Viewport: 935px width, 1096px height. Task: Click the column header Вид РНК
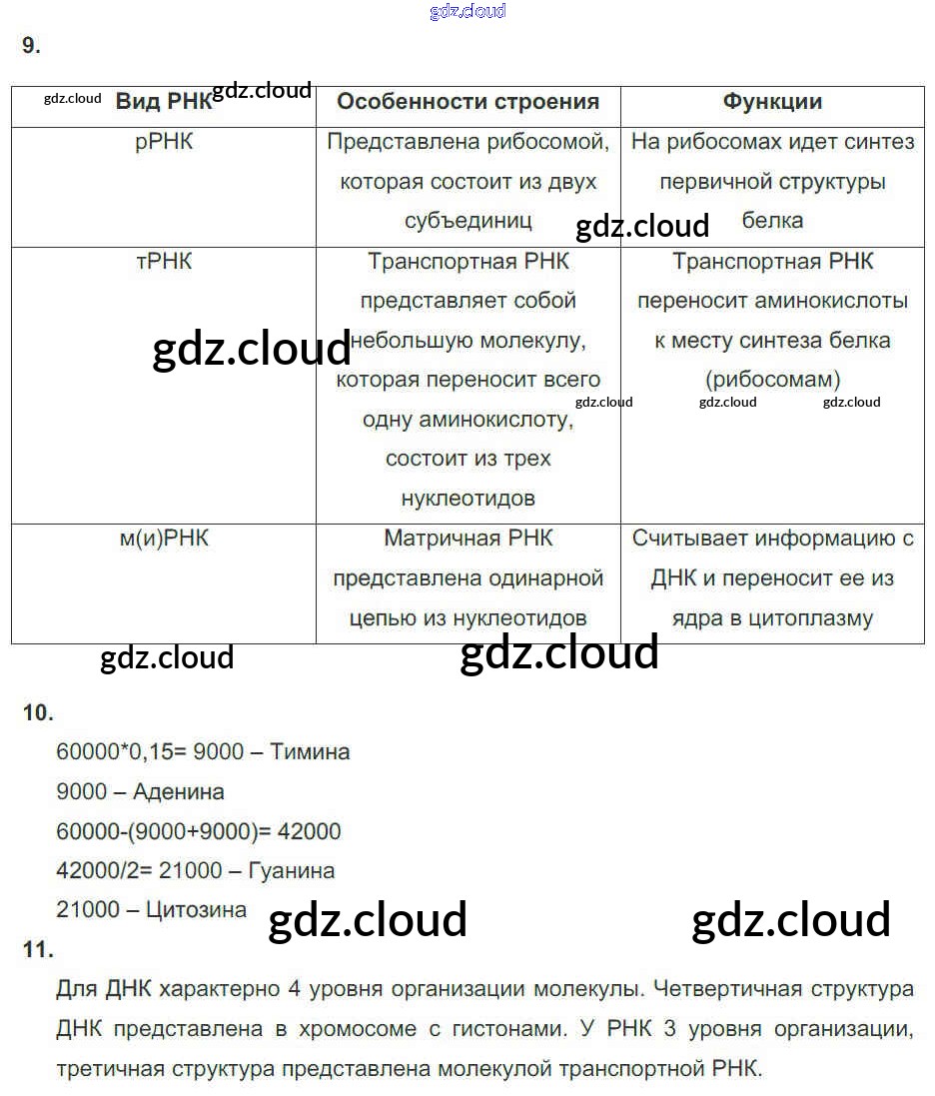pos(164,102)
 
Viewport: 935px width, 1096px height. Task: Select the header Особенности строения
pos(467,102)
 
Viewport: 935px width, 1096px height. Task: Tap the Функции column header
pos(772,102)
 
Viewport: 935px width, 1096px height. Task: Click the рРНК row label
pos(164,142)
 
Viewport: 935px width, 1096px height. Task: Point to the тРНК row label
pos(164,262)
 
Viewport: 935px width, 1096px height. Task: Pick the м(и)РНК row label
pos(164,539)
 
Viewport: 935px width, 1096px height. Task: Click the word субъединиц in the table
pos(467,221)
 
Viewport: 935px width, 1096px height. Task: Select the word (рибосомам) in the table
pos(772,380)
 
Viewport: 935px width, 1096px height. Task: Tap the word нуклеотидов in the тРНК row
pos(467,499)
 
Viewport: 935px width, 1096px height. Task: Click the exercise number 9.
pos(31,45)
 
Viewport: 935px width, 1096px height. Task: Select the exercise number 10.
pos(38,712)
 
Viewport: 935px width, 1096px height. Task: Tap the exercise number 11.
pos(38,950)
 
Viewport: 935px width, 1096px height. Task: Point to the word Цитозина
pos(196,910)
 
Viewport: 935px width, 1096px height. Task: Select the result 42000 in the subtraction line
pos(308,831)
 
